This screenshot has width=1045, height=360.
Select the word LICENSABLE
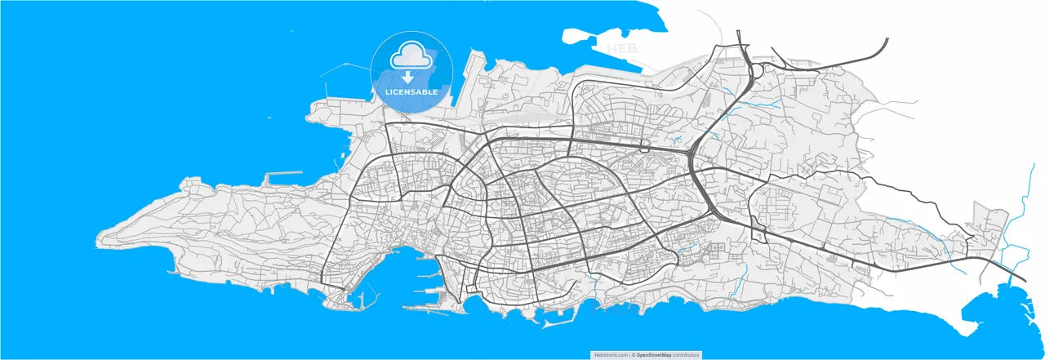pyautogui.click(x=411, y=92)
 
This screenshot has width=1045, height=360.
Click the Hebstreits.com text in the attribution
pyautogui.click(x=611, y=355)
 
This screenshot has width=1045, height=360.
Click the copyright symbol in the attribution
pyautogui.click(x=634, y=355)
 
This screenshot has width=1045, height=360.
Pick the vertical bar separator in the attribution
pyautogui.click(x=630, y=355)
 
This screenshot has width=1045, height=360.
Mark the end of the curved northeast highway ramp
pyautogui.click(x=887, y=39)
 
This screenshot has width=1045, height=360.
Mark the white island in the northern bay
pyautogui.click(x=581, y=36)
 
